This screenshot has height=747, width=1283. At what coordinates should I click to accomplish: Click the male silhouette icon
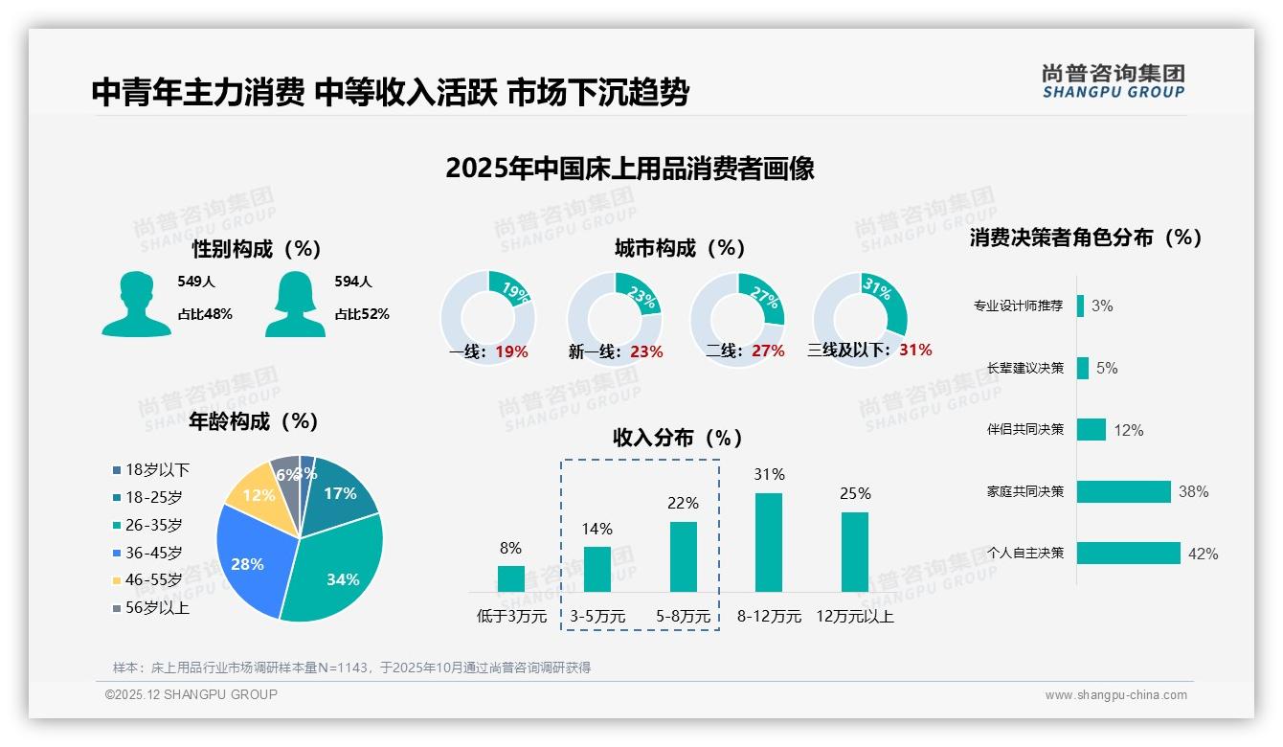click(136, 304)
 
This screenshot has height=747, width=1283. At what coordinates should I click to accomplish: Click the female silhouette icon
click(295, 304)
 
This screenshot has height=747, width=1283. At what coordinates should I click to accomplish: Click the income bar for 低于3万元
click(510, 578)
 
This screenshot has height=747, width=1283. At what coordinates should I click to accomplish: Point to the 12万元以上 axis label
click(854, 617)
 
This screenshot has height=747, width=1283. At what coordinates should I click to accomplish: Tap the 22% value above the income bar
click(683, 503)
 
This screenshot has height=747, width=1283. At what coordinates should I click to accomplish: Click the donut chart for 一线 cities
click(488, 318)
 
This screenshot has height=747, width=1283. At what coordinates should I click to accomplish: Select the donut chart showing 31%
click(859, 318)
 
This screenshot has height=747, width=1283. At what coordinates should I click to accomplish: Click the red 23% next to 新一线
click(646, 351)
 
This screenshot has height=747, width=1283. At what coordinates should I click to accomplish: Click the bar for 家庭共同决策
click(1124, 491)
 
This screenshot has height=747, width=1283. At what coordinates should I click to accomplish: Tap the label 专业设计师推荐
click(1018, 306)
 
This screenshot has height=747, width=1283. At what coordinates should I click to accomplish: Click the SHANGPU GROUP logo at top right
click(1113, 81)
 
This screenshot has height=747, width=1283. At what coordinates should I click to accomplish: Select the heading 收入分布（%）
click(678, 438)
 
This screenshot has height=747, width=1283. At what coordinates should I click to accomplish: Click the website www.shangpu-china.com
click(1115, 695)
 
